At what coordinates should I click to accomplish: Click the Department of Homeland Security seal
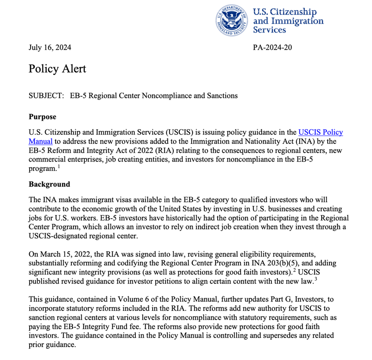point(233,19)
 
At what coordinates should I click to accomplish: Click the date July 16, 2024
point(50,47)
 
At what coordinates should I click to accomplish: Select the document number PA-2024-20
point(273,47)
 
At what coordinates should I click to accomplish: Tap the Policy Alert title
point(57,69)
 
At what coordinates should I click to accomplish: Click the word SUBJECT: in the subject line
point(46,95)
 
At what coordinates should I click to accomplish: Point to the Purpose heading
point(42,117)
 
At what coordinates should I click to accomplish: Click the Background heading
point(49,184)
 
